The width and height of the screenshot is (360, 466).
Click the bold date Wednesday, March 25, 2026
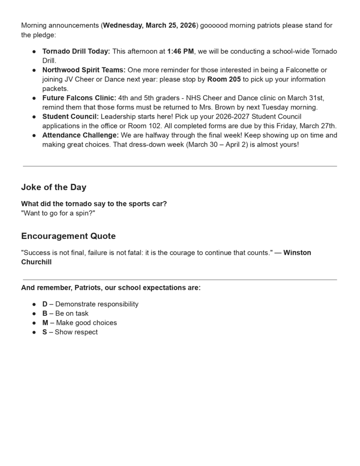149,25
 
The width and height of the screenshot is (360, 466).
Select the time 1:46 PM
180,51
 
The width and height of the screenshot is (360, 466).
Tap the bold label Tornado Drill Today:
76,51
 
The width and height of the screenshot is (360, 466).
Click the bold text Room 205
224,79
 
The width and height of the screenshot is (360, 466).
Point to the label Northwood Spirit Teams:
84,70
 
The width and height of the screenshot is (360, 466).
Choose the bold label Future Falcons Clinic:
79,98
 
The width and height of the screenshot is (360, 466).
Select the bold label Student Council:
70,116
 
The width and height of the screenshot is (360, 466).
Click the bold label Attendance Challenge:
81,135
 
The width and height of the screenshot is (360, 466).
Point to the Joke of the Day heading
54,187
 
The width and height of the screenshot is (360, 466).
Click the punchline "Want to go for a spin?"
58,213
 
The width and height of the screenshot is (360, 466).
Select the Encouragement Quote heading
68,236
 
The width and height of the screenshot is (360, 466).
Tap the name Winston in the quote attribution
297,253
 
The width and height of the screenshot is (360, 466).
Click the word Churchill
36,262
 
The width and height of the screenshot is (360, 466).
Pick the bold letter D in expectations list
45,304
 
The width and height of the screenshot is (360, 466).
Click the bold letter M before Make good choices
46,323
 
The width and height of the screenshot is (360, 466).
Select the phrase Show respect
76,332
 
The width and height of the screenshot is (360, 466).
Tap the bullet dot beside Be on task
34,314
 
